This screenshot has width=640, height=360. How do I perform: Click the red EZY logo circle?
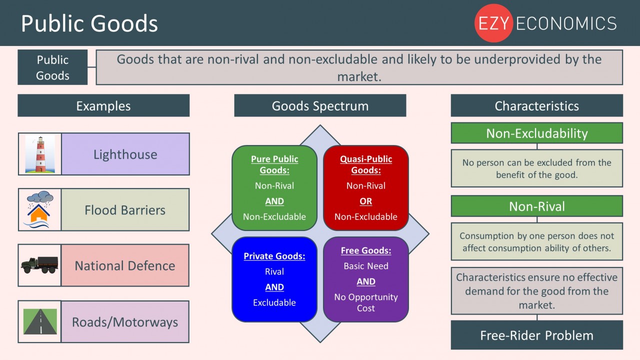pos(493,23)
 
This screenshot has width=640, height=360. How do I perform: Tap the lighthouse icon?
pos(40,154)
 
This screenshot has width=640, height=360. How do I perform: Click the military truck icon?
pos(39,265)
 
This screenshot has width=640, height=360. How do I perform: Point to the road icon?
pos(40,321)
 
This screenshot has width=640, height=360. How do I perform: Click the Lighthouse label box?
pos(125,154)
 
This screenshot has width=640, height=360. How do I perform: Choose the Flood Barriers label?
pos(125,209)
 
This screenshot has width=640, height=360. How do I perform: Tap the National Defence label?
pos(125,265)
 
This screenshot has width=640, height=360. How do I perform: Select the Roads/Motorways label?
pos(125,321)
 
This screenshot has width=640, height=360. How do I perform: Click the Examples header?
pos(103,105)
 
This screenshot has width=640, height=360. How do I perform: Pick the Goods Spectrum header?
pos(320,105)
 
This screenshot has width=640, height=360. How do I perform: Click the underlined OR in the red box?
pos(365,201)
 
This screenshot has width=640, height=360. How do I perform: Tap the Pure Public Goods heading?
pos(274,164)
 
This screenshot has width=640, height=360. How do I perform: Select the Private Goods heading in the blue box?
pos(274,256)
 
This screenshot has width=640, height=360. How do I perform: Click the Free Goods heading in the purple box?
pos(366,250)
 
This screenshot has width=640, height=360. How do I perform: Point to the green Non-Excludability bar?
pos(537,133)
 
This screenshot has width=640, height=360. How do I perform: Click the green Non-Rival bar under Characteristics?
pos(537,206)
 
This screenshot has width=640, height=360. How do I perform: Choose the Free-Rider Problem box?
pos(537,335)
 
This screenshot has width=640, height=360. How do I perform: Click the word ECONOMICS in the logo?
pos(566,23)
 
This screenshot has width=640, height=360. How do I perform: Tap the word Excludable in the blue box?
pos(274,302)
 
